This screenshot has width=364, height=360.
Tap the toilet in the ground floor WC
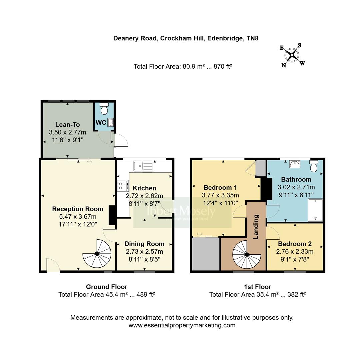click(x=104, y=109)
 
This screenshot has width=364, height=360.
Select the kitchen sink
click(x=143, y=165)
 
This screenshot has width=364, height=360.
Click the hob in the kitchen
click(x=122, y=186)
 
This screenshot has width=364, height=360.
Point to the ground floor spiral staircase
click(x=97, y=254)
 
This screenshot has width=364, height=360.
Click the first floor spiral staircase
click(x=247, y=254)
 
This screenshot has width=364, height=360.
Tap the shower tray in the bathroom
click(x=315, y=210)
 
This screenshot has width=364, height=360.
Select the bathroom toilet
click(x=314, y=166)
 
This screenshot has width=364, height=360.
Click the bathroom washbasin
click(x=295, y=164)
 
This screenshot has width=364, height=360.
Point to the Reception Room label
click(x=78, y=209)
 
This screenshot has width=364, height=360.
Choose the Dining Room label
click(x=144, y=244)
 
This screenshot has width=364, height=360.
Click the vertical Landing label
click(x=256, y=227)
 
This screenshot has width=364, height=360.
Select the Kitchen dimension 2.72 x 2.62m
click(x=144, y=196)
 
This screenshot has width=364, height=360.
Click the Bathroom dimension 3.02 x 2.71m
click(x=296, y=187)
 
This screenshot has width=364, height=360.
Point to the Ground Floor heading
click(x=106, y=287)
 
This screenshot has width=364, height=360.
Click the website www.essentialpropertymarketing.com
click(x=182, y=325)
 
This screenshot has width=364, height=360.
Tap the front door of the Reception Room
click(x=53, y=267)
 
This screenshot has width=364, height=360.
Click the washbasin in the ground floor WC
click(x=111, y=123)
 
